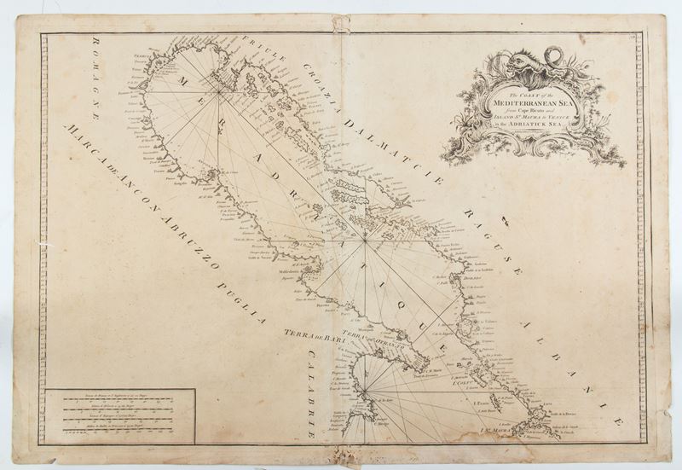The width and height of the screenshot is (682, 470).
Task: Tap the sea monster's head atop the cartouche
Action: click(514, 61)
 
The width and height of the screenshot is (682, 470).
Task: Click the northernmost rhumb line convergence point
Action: click(220, 89)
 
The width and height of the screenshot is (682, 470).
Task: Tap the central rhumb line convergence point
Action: click(364, 241)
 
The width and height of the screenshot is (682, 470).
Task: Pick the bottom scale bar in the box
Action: click(119, 432)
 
